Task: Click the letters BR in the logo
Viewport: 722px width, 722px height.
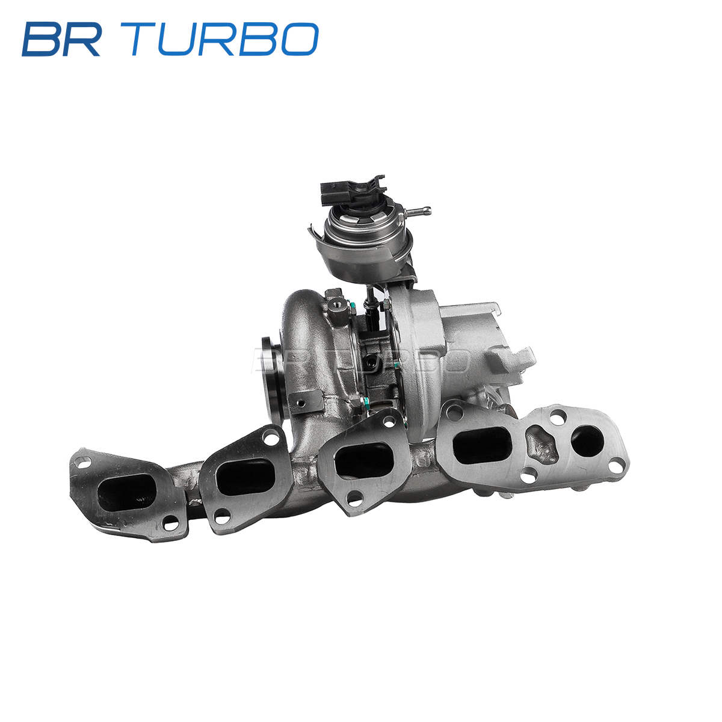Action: pyautogui.click(x=61, y=39)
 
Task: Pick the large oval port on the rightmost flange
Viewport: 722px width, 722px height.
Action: pyautogui.click(x=482, y=445)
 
